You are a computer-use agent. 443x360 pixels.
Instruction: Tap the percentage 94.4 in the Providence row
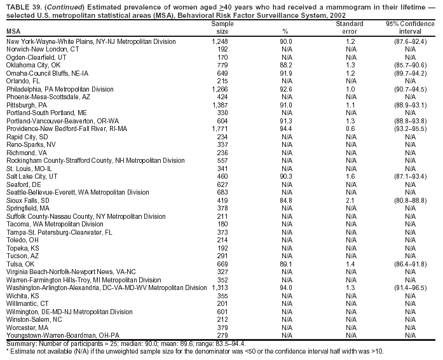point(286,129)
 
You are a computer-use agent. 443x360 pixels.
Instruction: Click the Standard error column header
point(350,27)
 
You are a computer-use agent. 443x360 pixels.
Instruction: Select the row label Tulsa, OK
point(20,263)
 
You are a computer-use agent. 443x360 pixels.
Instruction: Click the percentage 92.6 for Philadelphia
point(286,89)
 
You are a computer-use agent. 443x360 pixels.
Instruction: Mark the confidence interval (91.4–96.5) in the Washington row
point(406,287)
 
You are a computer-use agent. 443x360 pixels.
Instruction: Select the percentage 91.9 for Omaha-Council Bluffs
point(286,73)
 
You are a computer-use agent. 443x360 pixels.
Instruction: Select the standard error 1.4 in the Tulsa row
point(350,263)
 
